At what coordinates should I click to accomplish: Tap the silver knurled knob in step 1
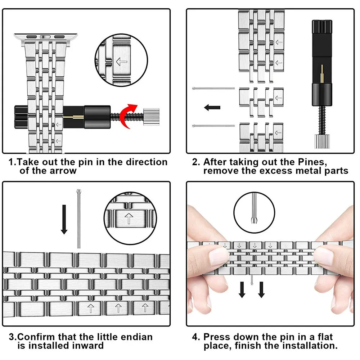pyautogui.click(x=151, y=117)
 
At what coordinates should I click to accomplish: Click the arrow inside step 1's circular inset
pyautogui.click(x=121, y=62)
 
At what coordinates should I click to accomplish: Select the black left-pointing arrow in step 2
pyautogui.click(x=212, y=107)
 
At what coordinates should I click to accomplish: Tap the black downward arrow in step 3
pyautogui.click(x=64, y=220)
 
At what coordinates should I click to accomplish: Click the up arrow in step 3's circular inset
pyautogui.click(x=129, y=219)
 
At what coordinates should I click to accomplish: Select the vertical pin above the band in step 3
pyautogui.click(x=79, y=219)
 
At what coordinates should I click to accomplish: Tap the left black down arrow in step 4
pyautogui.click(x=242, y=290)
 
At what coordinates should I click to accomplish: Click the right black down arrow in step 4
pyautogui.click(x=261, y=290)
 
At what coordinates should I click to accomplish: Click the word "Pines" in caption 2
pyautogui.click(x=312, y=162)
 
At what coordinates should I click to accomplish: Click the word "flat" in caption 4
pyautogui.click(x=325, y=337)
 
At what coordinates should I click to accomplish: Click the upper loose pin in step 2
pyautogui.click(x=213, y=89)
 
